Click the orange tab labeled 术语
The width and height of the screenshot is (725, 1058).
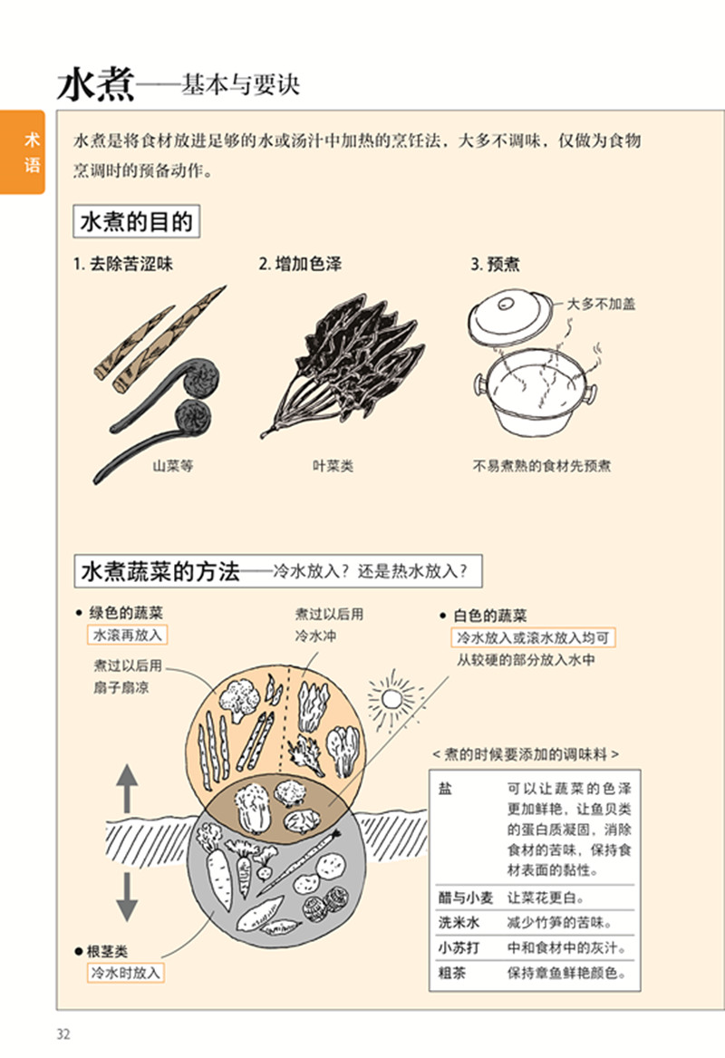[23, 152]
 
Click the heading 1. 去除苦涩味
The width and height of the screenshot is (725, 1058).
[122, 265]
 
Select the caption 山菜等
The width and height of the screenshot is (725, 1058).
[172, 466]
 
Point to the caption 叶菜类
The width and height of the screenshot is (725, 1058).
[333, 466]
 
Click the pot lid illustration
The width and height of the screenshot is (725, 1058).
[510, 318]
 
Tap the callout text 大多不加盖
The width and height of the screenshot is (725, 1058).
[601, 304]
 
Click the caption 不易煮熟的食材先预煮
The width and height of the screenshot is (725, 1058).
[542, 466]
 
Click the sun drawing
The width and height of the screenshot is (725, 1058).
[391, 697]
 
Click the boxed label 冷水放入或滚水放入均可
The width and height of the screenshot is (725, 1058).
[533, 638]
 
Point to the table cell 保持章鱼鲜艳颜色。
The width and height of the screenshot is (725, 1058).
[566, 974]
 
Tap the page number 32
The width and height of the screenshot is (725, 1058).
[63, 1034]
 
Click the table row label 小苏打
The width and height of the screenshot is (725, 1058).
[459, 948]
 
